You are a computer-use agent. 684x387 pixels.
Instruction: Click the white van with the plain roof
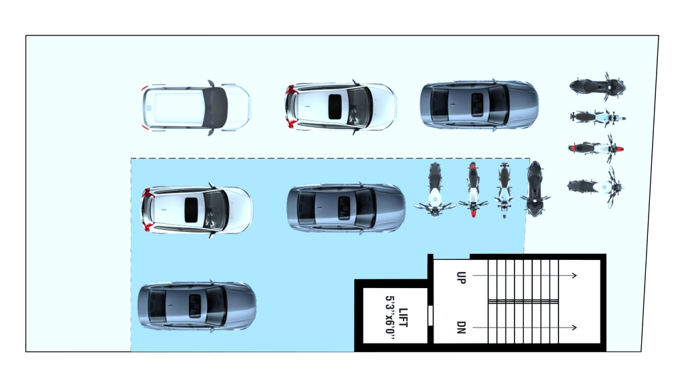coord(196,108)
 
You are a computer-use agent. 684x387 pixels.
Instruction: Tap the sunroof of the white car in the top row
coord(335,106)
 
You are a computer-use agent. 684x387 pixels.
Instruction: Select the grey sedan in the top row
coord(479,105)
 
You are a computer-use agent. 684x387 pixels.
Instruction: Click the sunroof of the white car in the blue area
coord(191,210)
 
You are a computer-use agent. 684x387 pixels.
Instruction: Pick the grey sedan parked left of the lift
coord(197,307)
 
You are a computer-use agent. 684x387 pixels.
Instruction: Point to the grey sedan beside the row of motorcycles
coord(346,209)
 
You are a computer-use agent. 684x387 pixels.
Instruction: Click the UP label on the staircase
coord(461,277)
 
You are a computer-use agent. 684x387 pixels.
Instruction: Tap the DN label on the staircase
coord(461,328)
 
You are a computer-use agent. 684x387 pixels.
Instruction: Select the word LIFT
coord(403,317)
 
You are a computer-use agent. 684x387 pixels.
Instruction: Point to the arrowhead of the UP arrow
coord(574,275)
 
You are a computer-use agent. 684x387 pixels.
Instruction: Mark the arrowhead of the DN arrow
coord(574,328)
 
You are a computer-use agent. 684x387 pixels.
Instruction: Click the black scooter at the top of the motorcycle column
coord(598,86)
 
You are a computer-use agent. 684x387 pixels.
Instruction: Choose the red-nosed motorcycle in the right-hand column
coord(595,149)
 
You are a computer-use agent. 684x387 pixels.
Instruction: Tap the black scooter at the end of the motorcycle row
coord(535,188)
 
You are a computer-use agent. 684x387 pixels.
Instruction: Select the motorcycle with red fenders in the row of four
coord(473,189)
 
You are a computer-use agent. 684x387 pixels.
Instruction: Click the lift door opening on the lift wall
coord(430,315)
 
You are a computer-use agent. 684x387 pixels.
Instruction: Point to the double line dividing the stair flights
coord(524,301)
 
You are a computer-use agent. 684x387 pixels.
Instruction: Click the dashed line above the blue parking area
coord(330,158)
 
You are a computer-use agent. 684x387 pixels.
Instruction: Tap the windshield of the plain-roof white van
coord(216,108)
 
